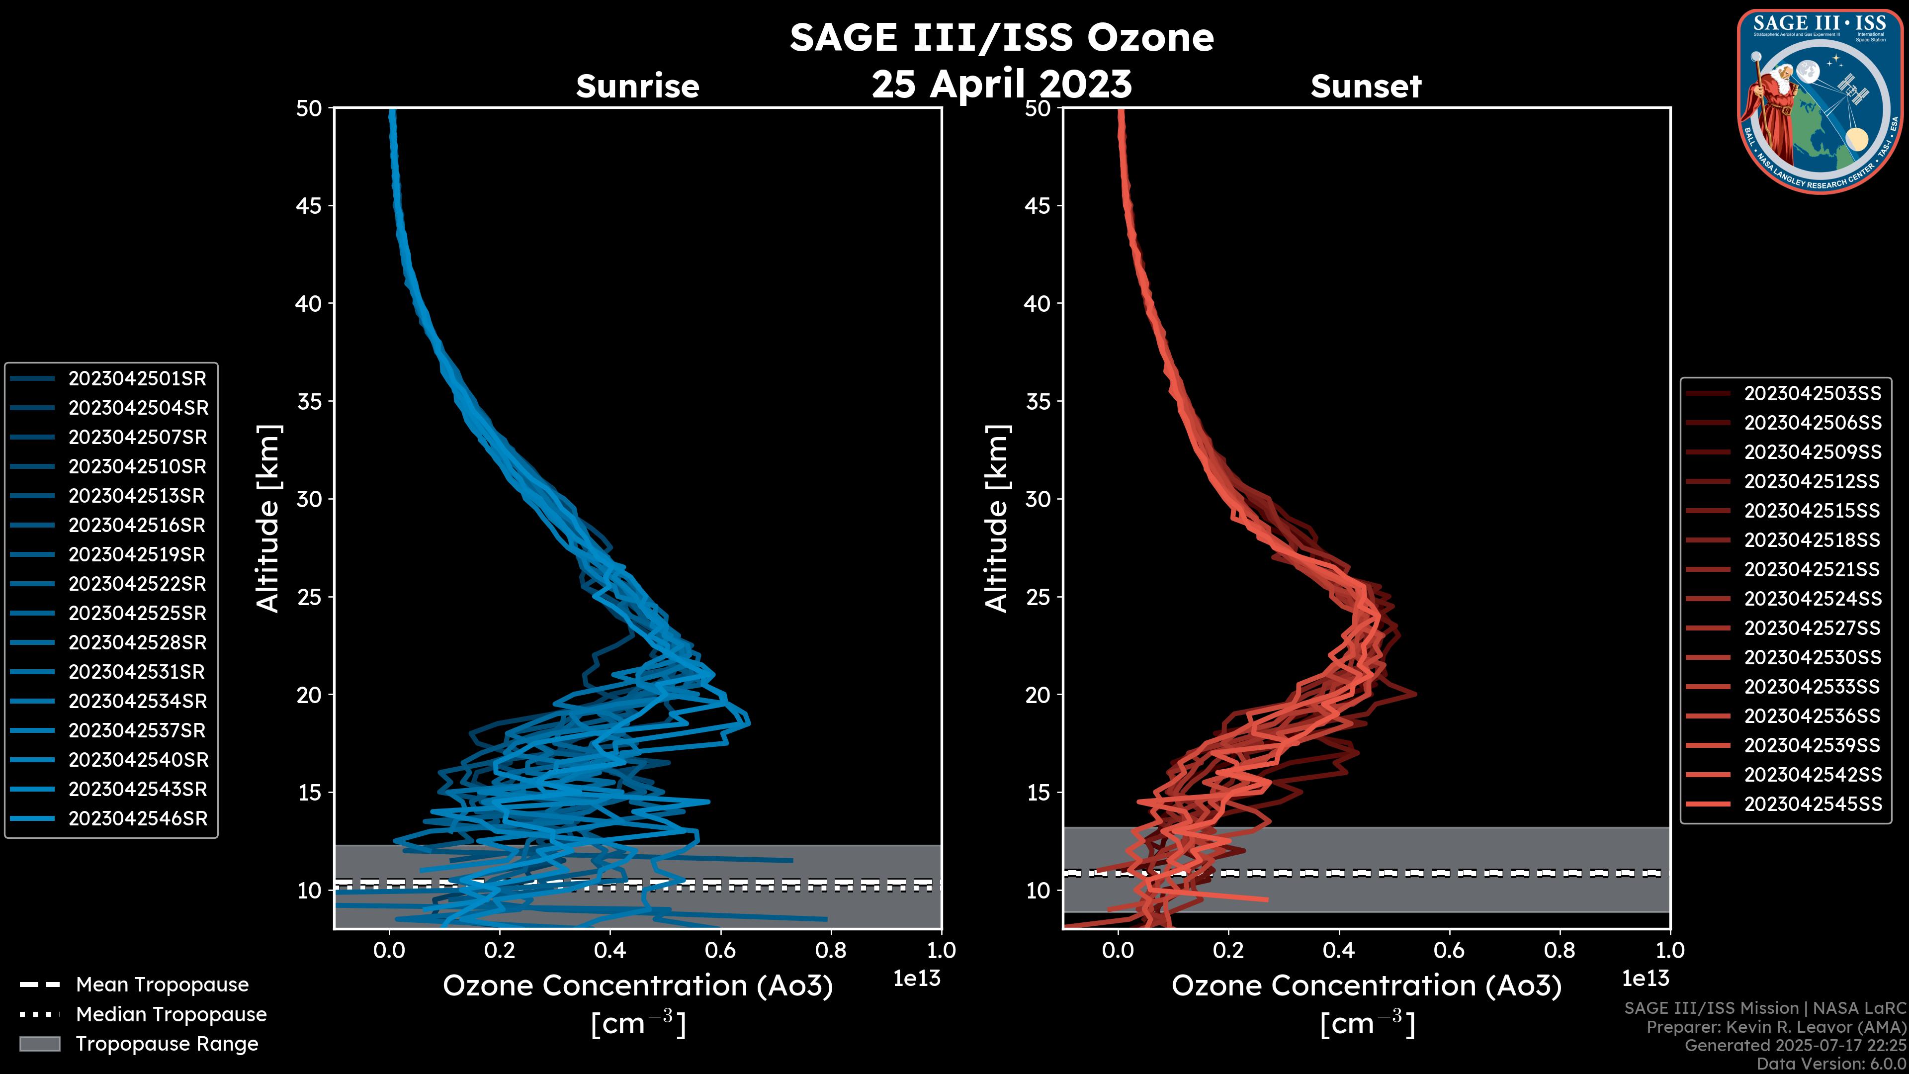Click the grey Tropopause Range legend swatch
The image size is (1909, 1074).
pyautogui.click(x=40, y=1044)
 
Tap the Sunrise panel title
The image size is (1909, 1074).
pyautogui.click(x=637, y=87)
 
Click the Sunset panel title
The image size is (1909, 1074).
pyautogui.click(x=1366, y=87)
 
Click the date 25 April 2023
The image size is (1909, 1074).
pyautogui.click(x=1001, y=84)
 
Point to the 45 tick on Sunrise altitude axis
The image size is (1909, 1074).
pyautogui.click(x=309, y=206)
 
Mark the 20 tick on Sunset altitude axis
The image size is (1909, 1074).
pyautogui.click(x=1038, y=695)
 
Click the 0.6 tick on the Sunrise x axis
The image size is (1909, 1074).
pyautogui.click(x=720, y=950)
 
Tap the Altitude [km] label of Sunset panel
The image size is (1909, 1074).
pyautogui.click(x=997, y=518)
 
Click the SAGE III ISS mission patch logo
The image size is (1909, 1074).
pyautogui.click(x=1820, y=101)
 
